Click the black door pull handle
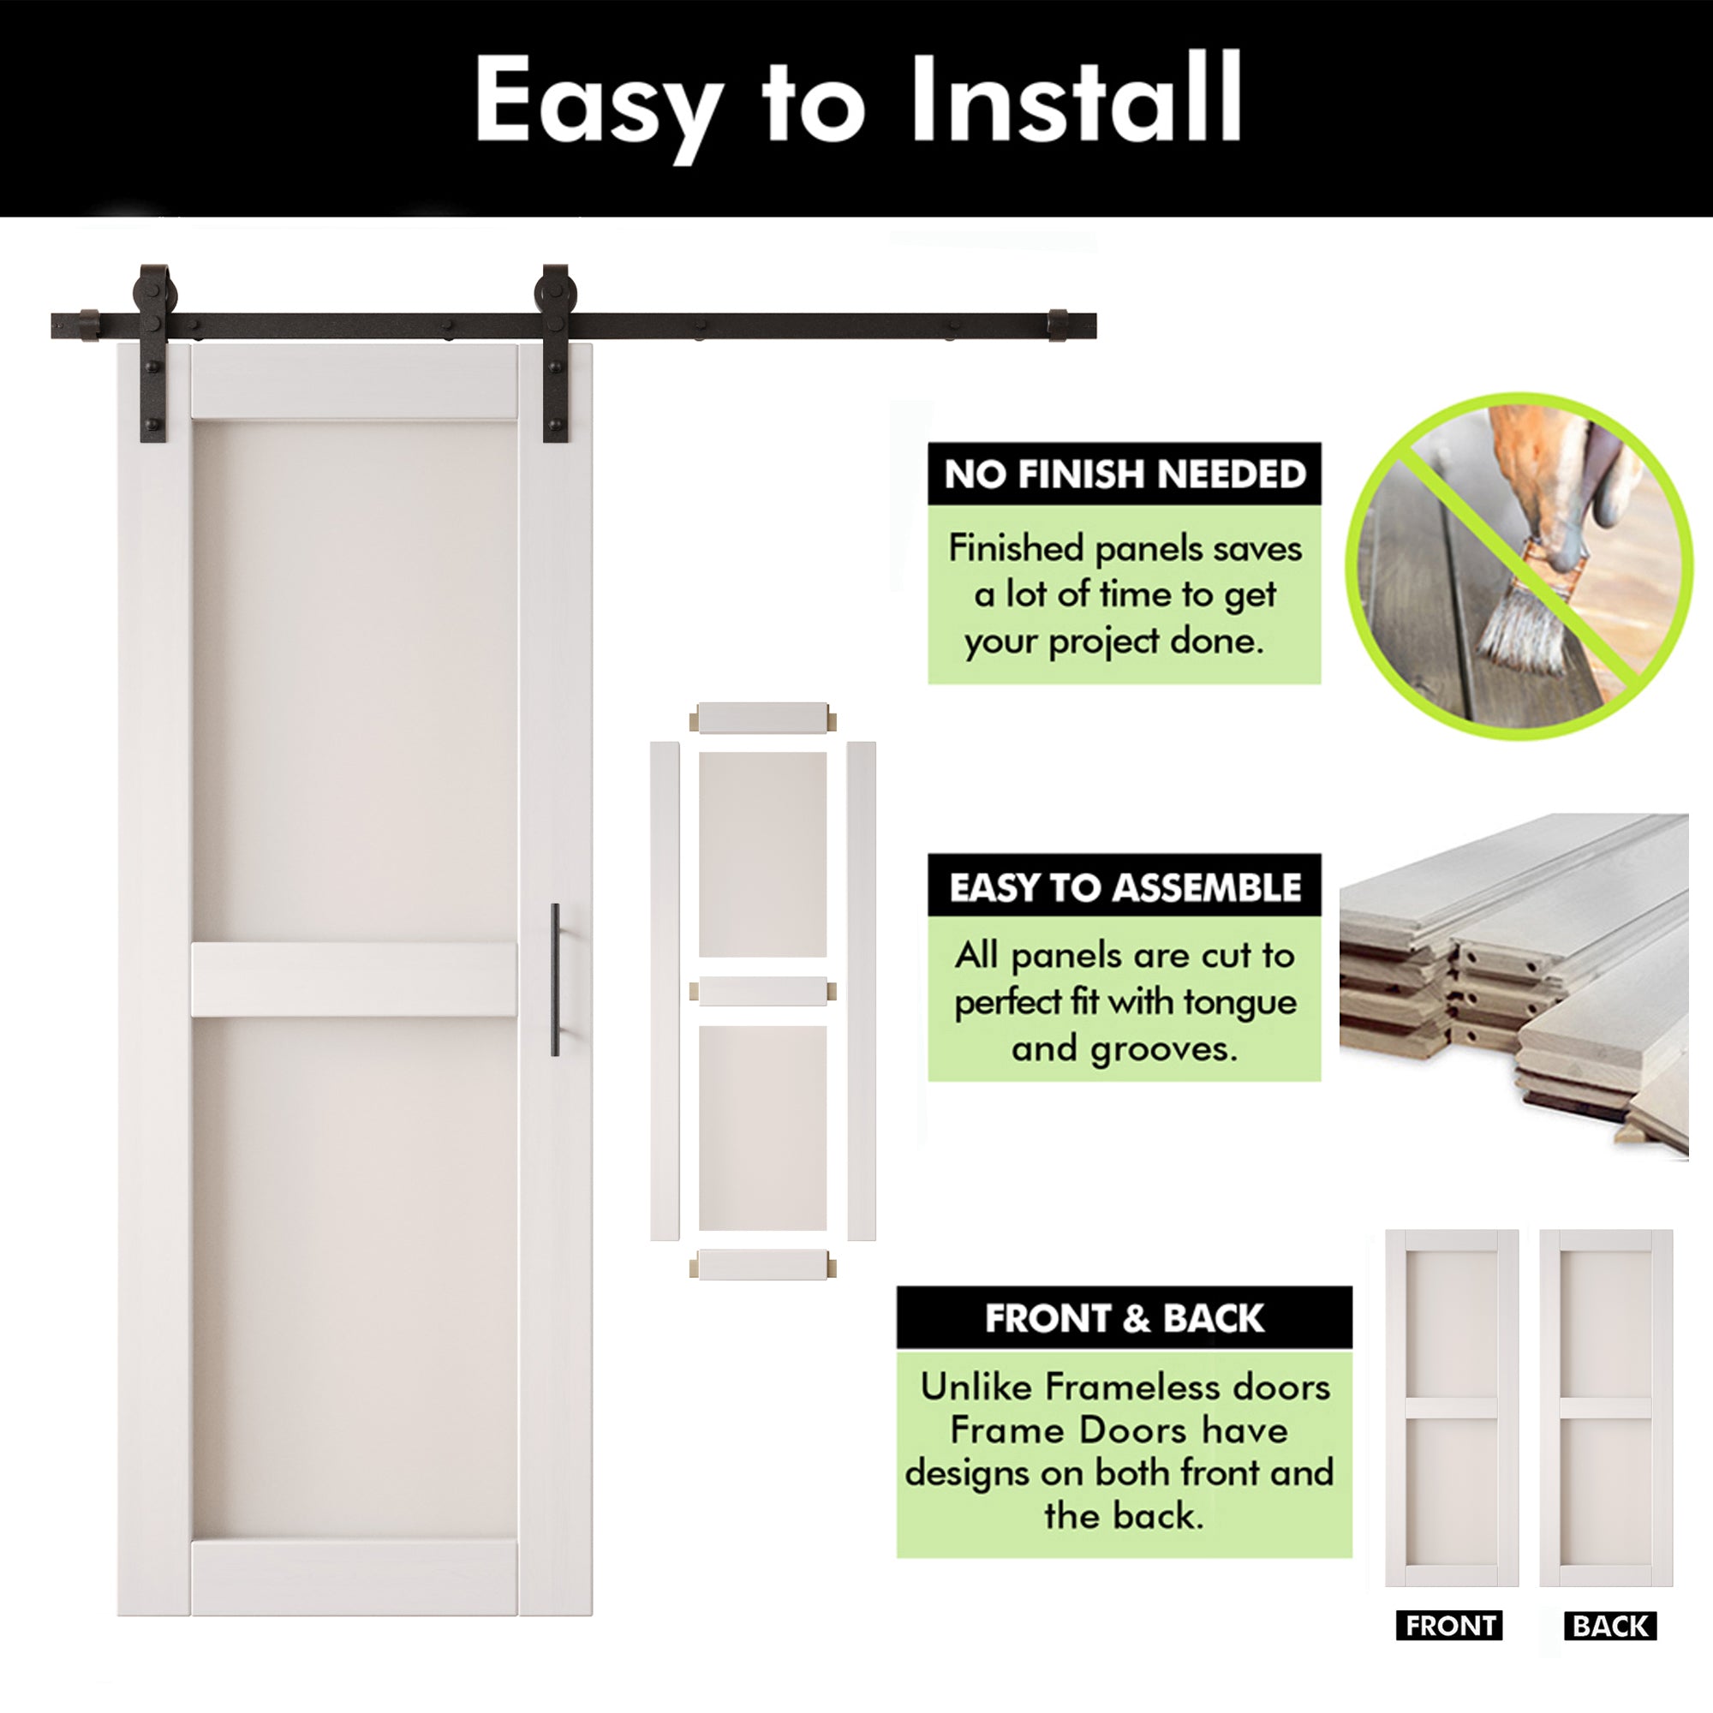pos(555,980)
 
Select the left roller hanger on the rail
pos(153,350)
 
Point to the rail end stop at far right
pos(1058,325)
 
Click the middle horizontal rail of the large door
pos(355,979)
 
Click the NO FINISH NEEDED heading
pos(1125,475)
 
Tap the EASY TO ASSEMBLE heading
pos(1125,886)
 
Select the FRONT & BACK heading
pos(1125,1318)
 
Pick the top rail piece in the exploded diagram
pos(762,717)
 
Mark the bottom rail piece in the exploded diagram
pos(762,1264)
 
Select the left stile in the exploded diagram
pos(664,990)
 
